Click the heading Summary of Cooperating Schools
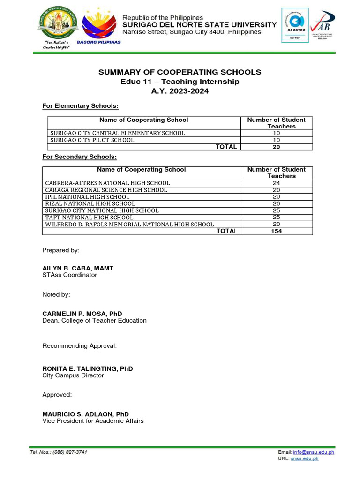pyautogui.click(x=180, y=72)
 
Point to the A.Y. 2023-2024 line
pyautogui.click(x=180, y=91)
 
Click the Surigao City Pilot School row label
pyautogui.click(x=92, y=140)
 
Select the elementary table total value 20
pyautogui.click(x=277, y=147)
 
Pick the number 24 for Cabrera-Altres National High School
pyautogui.click(x=277, y=183)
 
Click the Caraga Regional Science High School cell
pyautogui.click(x=106, y=190)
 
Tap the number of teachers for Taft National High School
pyautogui.click(x=277, y=217)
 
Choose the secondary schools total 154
pyautogui.click(x=277, y=231)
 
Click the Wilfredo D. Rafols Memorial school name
pyautogui.click(x=129, y=225)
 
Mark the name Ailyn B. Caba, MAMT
pyautogui.click(x=78, y=268)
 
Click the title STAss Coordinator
pyautogui.click(x=70, y=275)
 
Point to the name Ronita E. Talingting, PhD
pyautogui.click(x=88, y=368)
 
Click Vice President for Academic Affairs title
pyautogui.click(x=93, y=421)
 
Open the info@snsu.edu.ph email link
pyautogui.click(x=314, y=452)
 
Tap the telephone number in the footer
pyautogui.click(x=71, y=452)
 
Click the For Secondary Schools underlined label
pyautogui.click(x=79, y=156)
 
